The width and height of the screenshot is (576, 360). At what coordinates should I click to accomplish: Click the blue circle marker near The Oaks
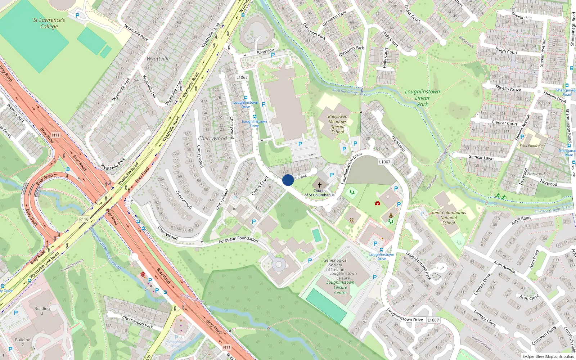[x=288, y=180]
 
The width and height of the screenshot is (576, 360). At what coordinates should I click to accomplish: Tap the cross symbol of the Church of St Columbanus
[x=319, y=185]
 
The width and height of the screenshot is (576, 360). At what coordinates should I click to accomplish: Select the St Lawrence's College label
[x=49, y=23]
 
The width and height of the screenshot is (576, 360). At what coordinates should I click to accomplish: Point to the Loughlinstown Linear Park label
[x=422, y=98]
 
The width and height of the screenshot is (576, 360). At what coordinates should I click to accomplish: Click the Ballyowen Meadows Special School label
[x=338, y=124]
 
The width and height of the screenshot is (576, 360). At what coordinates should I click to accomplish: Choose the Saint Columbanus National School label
[x=449, y=217]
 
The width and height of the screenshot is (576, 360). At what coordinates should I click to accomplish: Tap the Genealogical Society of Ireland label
[x=335, y=265]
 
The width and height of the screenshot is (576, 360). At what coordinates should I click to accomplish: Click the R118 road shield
[x=84, y=219]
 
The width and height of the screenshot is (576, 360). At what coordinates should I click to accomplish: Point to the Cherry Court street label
[x=260, y=186]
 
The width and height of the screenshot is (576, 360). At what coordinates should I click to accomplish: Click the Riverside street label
[x=265, y=51]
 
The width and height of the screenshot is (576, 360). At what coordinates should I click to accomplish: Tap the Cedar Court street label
[x=413, y=14]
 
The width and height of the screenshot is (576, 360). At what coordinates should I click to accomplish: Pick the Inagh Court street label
[x=506, y=50]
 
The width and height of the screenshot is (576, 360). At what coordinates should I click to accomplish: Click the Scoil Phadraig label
[x=531, y=146]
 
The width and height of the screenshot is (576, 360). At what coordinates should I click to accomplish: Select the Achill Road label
[x=521, y=220]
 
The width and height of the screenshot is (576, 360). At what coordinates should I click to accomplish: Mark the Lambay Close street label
[x=485, y=318]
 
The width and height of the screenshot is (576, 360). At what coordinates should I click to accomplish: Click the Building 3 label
[x=42, y=311]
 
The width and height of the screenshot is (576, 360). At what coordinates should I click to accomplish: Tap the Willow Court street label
[x=15, y=113]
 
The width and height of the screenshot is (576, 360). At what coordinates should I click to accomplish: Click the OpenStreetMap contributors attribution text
[x=548, y=356]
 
